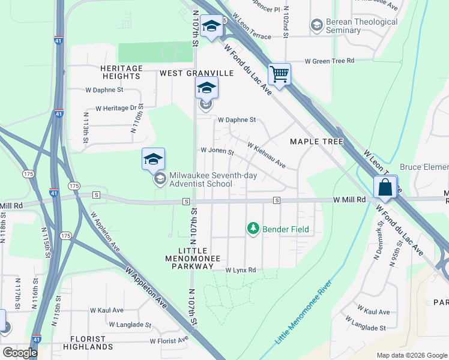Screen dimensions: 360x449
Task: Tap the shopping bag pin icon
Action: [x=385, y=187]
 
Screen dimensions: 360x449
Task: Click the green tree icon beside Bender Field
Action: [x=253, y=229]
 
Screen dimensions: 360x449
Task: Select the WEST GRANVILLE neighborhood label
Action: [x=196, y=73]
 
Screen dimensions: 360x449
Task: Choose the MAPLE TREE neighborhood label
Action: [x=316, y=142]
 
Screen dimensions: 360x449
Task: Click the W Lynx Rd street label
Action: [x=241, y=271]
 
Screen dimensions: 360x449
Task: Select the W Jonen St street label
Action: [x=217, y=151]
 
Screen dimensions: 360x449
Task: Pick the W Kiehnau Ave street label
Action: [x=267, y=155]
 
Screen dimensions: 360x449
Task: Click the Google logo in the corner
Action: [x=20, y=352]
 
